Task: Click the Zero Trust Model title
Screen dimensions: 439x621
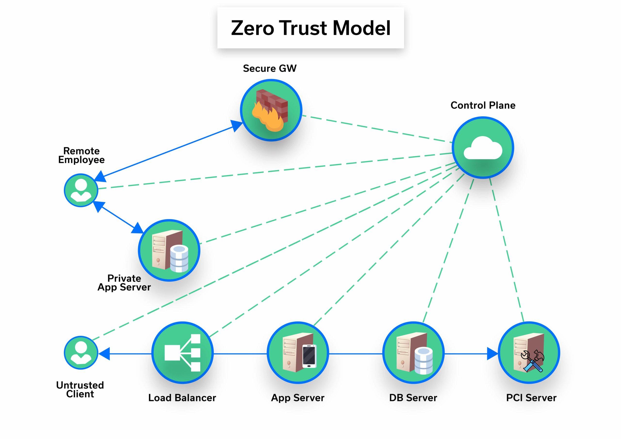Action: (310, 28)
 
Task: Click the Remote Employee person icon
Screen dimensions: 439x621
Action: (81, 190)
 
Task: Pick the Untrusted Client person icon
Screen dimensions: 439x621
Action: (81, 352)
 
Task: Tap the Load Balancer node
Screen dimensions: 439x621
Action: (182, 352)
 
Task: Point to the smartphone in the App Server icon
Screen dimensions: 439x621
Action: (309, 356)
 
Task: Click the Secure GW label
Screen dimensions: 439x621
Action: (270, 68)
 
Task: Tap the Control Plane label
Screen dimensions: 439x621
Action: (483, 105)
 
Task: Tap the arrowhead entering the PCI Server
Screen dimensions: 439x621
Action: (492, 354)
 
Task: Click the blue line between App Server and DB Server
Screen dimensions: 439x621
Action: (355, 354)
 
